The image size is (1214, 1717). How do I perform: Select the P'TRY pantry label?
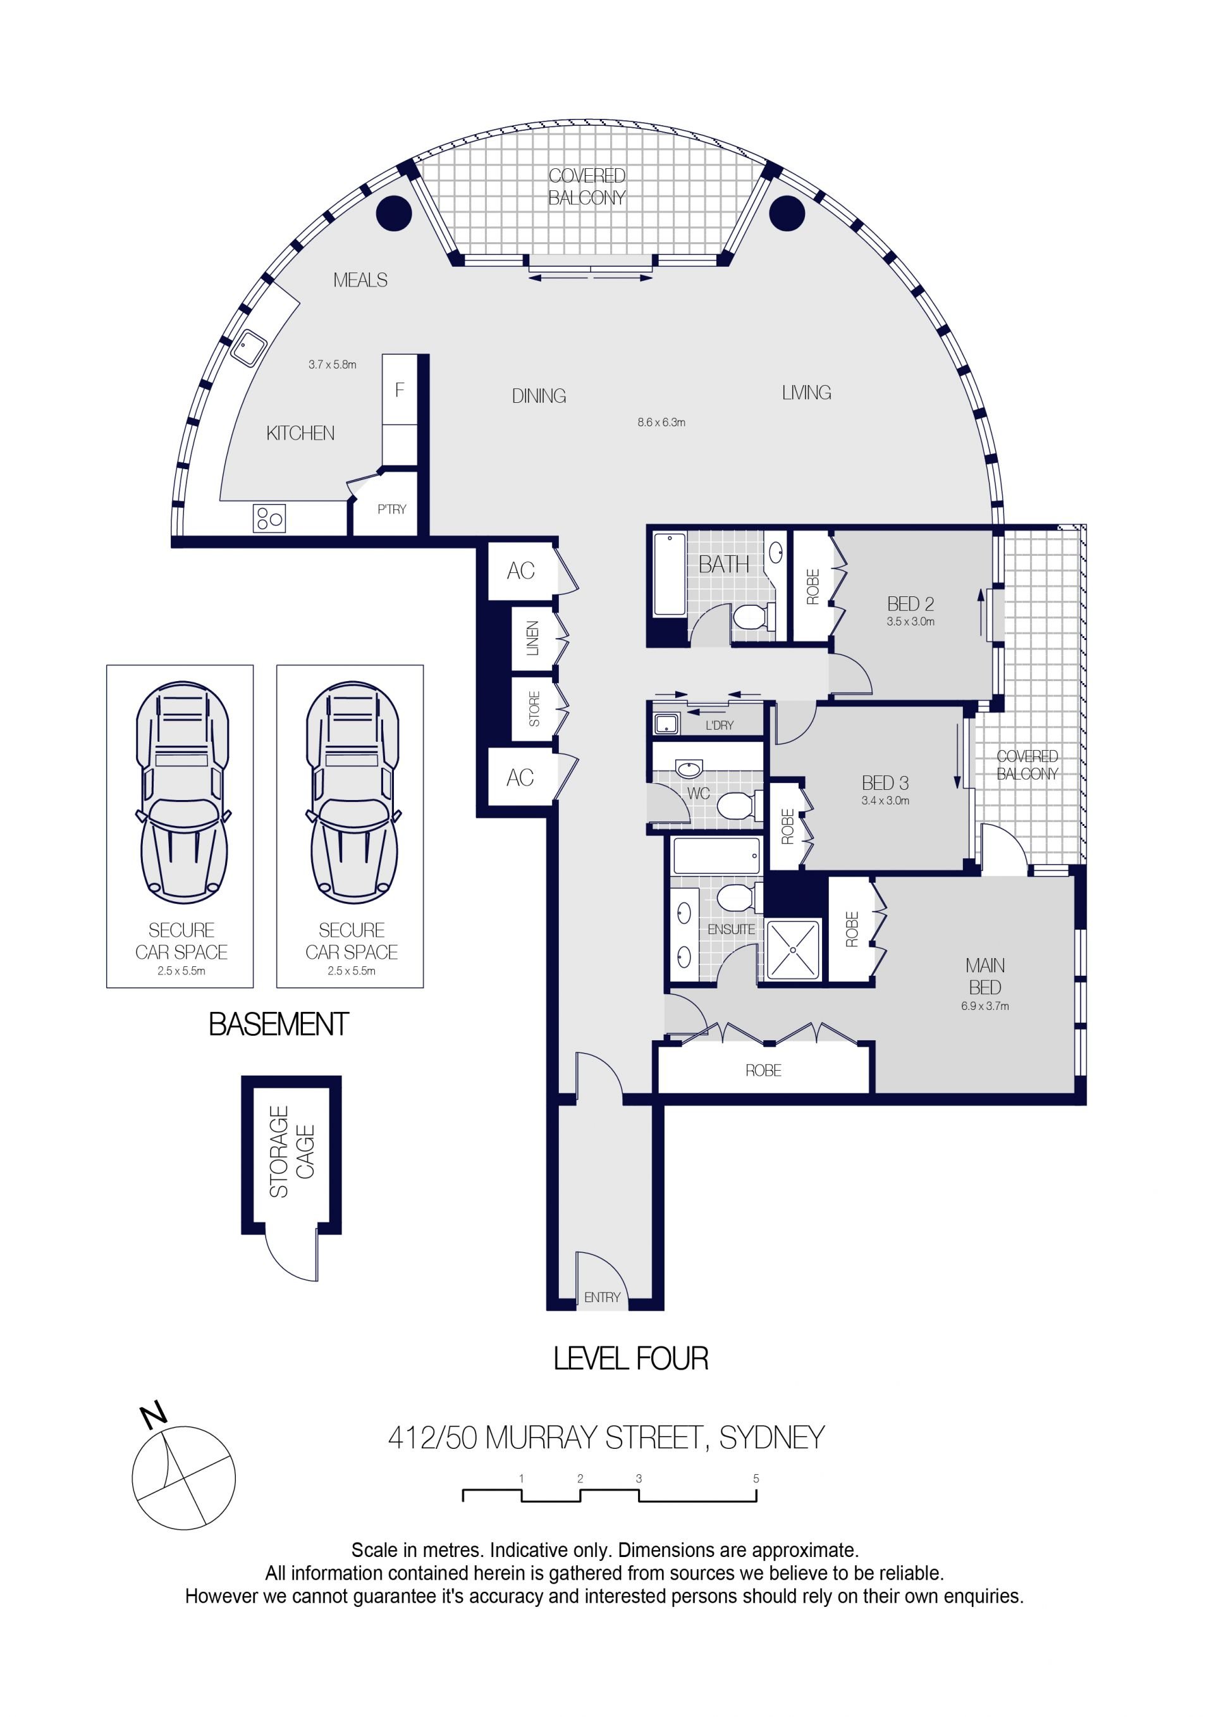[392, 509]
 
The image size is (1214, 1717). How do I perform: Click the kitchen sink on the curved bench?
[248, 348]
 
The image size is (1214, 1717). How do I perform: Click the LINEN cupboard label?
[532, 638]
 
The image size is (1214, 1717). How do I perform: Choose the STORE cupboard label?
[534, 709]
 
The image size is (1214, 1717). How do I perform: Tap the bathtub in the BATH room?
[669, 574]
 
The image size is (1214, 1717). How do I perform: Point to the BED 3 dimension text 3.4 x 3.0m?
[885, 800]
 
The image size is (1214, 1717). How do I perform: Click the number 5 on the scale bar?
[756, 1479]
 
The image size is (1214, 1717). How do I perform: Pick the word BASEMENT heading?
[278, 1025]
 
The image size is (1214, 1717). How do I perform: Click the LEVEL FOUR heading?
[630, 1359]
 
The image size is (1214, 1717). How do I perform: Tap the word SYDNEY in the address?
[771, 1438]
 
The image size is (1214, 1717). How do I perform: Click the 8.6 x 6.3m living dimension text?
[661, 422]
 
